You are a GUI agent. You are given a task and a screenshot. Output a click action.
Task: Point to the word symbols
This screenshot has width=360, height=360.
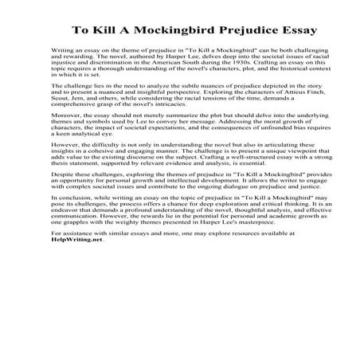[x=84, y=155]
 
